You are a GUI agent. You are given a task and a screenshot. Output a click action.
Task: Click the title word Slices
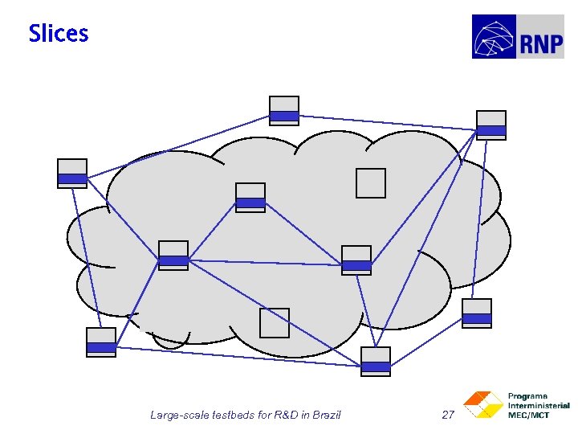59,34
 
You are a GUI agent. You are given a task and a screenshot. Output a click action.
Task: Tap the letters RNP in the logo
541,44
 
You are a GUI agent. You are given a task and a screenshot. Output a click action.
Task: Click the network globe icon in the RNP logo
495,37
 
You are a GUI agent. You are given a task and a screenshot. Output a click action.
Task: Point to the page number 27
449,415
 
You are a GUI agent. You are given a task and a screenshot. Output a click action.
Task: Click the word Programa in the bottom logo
528,396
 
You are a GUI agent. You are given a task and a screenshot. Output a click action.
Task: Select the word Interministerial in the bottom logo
539,406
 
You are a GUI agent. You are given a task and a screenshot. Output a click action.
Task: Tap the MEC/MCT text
529,415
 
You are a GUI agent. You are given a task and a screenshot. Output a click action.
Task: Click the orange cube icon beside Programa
482,405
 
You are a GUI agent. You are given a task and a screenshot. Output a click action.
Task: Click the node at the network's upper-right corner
491,125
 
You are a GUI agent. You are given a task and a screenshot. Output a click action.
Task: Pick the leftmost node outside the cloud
72,174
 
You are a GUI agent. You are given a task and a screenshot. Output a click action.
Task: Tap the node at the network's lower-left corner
101,342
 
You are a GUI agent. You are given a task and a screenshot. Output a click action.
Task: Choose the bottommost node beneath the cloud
376,361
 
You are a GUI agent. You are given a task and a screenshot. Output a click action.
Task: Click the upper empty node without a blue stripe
371,183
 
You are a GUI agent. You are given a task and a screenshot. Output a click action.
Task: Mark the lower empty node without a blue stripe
274,323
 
